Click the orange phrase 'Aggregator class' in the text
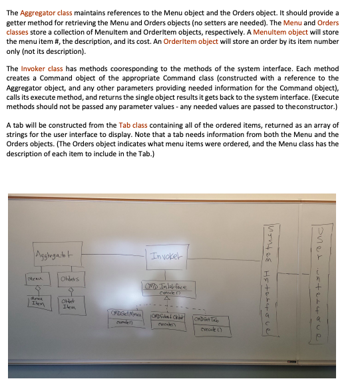49,12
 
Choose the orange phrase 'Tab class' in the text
134,125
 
